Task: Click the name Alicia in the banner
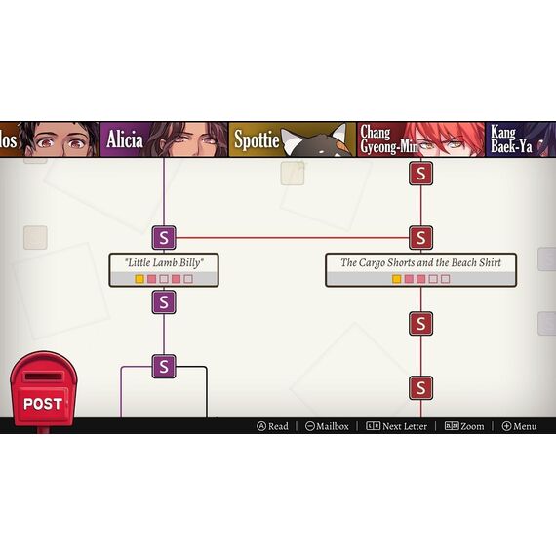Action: [125, 139]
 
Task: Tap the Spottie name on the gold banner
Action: [257, 139]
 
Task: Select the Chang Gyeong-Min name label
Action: [389, 139]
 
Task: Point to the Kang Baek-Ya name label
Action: [511, 139]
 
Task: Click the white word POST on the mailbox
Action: [43, 404]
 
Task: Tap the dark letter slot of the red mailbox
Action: [43, 377]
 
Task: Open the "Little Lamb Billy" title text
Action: [164, 262]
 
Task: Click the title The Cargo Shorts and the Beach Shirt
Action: [420, 262]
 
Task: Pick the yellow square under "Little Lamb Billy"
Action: [139, 279]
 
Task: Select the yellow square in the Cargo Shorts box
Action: [396, 279]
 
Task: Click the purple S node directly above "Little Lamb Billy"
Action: [164, 238]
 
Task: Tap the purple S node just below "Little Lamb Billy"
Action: [164, 302]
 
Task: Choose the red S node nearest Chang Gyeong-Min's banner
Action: [420, 174]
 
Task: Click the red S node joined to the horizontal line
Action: [420, 238]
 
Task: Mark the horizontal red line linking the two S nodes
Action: [293, 238]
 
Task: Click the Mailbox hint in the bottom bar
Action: [327, 426]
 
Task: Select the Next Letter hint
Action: [396, 426]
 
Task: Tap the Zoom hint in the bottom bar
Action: [464, 426]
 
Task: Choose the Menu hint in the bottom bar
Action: [519, 426]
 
